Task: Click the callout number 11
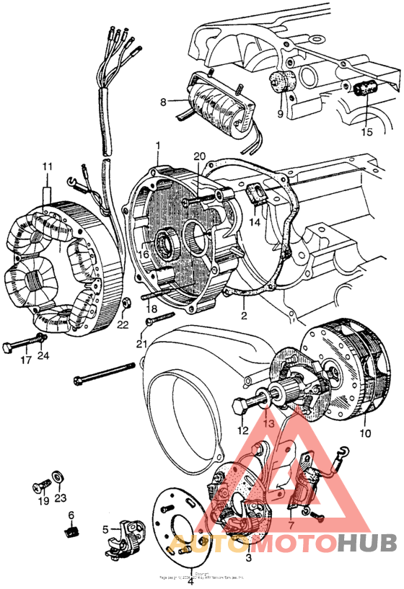[x=48, y=167]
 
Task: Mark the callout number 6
[x=71, y=515]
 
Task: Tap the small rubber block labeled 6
[x=71, y=532]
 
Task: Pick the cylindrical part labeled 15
[x=366, y=89]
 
